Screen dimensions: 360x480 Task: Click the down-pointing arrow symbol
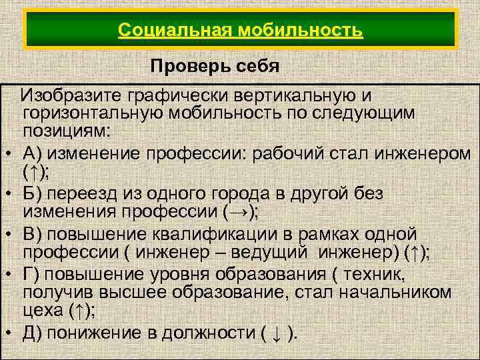pyautogui.click(x=274, y=334)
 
